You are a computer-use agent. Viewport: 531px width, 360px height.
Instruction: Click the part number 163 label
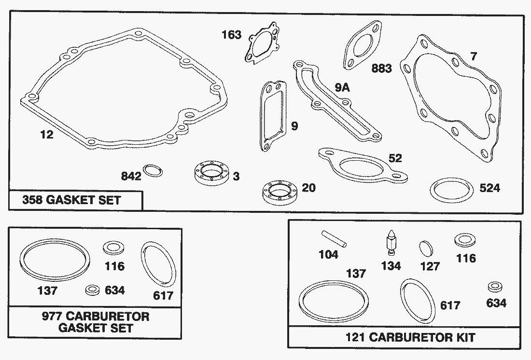coord(232,35)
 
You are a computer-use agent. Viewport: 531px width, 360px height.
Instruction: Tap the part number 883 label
coord(382,68)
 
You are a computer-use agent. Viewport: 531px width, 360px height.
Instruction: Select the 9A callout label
coord(342,88)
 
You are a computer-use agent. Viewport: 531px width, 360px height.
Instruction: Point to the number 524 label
coord(489,188)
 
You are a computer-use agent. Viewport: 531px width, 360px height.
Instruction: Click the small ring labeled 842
coord(153,171)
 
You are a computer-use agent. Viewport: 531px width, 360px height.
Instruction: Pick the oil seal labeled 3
coord(212,173)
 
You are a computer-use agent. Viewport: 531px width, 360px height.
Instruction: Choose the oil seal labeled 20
coord(279,193)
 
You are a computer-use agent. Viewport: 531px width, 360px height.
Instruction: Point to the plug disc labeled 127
coord(426,249)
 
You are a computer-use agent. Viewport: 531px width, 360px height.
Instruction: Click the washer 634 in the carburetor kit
coord(495,287)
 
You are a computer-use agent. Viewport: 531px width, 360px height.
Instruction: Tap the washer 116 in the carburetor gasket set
coord(113,248)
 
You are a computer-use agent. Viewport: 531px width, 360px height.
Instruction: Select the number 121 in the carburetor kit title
coord(355,337)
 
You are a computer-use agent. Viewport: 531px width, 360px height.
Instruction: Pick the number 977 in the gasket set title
coord(52,316)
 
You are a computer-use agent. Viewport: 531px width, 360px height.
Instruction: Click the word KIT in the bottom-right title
coord(465,337)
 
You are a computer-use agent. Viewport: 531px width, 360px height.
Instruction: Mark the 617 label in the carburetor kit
coord(450,305)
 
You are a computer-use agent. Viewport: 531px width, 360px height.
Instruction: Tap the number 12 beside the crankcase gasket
coord(47,135)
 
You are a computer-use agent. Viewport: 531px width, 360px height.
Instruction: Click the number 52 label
coord(395,158)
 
